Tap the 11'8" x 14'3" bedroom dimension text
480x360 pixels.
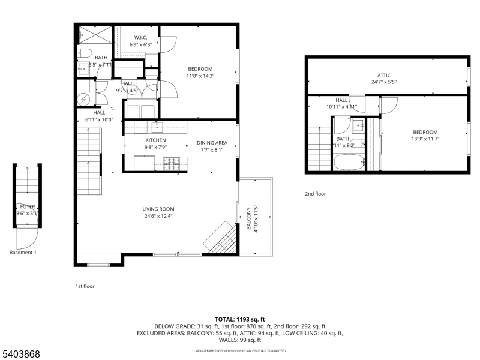pyautogui.click(x=200, y=76)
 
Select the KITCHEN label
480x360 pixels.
pyautogui.click(x=155, y=140)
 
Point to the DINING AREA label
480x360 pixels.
pyautogui.click(x=212, y=143)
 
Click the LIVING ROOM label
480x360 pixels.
pyautogui.click(x=158, y=209)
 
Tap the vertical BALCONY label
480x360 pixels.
pyautogui.click(x=248, y=220)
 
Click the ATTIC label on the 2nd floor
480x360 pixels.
pyautogui.click(x=384, y=75)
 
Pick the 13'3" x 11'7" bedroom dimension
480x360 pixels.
pyautogui.click(x=424, y=139)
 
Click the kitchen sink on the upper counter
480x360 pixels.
pyautogui.click(x=158, y=126)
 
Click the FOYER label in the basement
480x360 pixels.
pyautogui.click(x=28, y=206)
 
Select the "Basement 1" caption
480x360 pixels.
pyautogui.click(x=23, y=253)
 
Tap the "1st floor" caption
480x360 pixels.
pyautogui.click(x=85, y=286)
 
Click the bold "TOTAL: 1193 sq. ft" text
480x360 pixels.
pyautogui.click(x=239, y=319)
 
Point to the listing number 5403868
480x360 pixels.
pyautogui.click(x=21, y=354)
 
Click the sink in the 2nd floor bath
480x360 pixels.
pyautogui.click(x=358, y=125)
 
